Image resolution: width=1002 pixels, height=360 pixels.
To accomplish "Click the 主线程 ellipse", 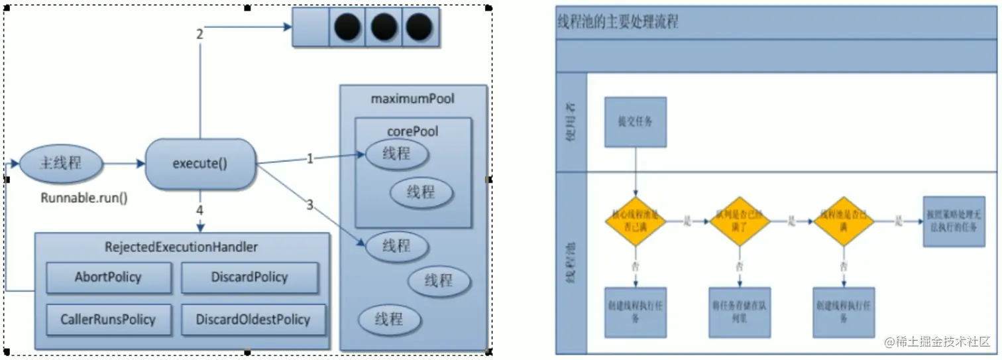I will point(61,163).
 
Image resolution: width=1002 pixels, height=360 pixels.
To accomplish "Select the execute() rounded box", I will point(199,164).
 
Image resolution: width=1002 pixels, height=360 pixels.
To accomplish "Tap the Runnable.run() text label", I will point(84,198).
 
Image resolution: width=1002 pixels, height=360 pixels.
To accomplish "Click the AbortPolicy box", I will point(108,277).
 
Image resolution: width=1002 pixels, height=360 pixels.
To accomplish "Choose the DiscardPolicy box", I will point(249,277).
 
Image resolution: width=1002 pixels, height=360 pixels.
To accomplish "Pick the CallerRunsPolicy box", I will point(109,320).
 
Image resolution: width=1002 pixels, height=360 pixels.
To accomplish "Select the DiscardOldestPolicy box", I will point(252,320).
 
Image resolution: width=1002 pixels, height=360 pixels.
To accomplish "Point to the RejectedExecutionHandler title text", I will point(181,247).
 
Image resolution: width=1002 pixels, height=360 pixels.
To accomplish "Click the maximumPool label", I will point(413,99).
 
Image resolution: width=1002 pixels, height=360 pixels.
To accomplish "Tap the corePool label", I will point(413,131).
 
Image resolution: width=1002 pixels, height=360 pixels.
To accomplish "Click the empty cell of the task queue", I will point(311,28).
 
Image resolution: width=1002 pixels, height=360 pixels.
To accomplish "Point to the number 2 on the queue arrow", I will point(199,34).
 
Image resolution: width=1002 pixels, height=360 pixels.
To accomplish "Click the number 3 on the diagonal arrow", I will point(309,205).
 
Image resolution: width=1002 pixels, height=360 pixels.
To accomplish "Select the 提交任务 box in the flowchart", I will point(635,122).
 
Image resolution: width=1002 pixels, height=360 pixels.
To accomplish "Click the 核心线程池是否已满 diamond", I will point(635,221).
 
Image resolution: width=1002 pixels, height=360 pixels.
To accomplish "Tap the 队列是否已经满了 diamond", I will point(740,221).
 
